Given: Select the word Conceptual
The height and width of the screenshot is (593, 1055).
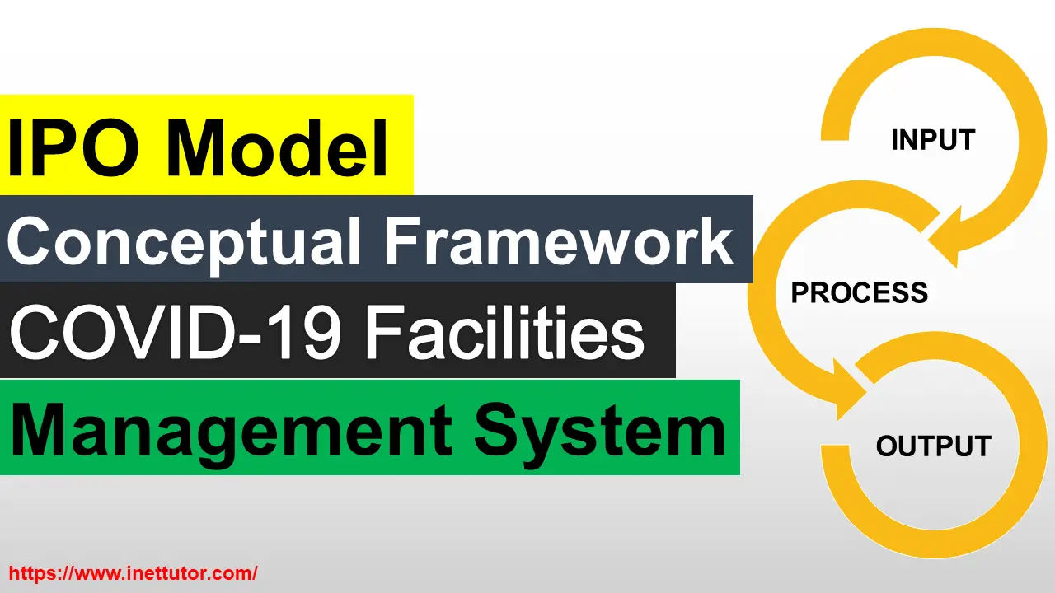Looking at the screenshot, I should pyautogui.click(x=185, y=240).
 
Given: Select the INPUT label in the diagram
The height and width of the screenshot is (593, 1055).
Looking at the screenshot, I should pyautogui.click(x=933, y=140).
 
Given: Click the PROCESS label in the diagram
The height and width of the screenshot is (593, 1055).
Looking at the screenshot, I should pyautogui.click(x=859, y=292).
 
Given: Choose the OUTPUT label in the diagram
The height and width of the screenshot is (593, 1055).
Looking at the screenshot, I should pyautogui.click(x=933, y=446).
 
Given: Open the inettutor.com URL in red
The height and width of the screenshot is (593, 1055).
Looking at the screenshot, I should pyautogui.click(x=133, y=572).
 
